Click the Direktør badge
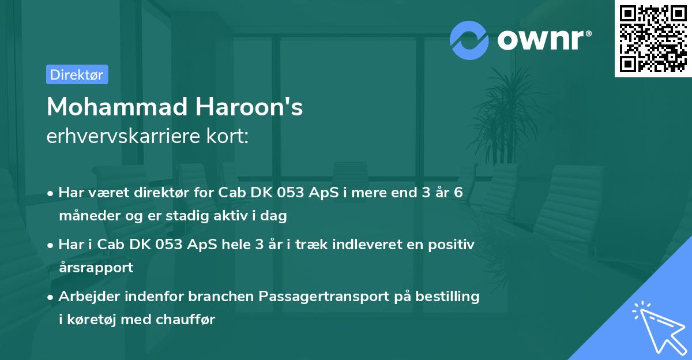pyautogui.click(x=77, y=74)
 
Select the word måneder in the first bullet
pyautogui.click(x=88, y=216)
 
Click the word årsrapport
pyautogui.click(x=96, y=268)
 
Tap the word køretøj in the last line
pyautogui.click(x=89, y=320)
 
